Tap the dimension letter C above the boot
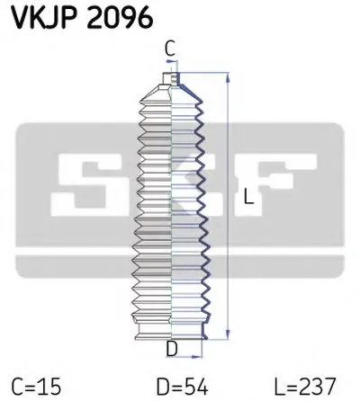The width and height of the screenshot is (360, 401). click(x=168, y=49)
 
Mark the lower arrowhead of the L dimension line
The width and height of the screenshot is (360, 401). click(x=233, y=338)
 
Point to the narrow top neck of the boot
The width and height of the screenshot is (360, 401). click(x=168, y=80)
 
